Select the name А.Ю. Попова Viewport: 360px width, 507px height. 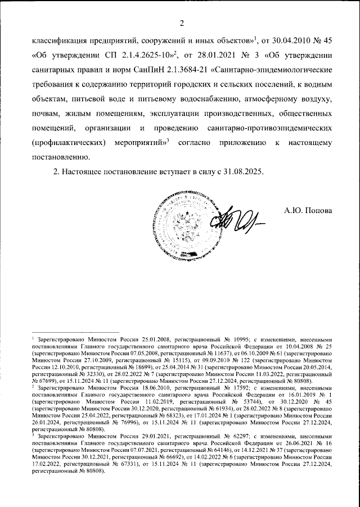[x=309, y=211]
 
